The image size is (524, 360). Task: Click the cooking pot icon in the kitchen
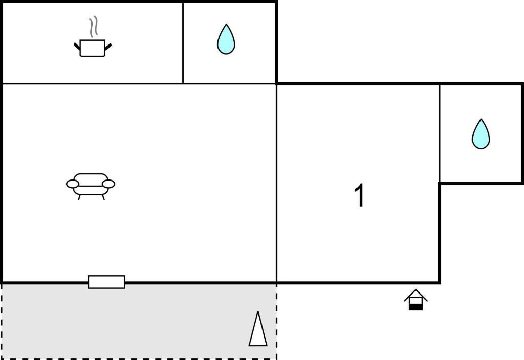(93, 48)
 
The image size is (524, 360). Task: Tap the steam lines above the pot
(94, 27)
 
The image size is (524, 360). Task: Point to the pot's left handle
(77, 46)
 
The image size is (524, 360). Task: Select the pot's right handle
(108, 47)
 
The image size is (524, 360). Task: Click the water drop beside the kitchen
(226, 39)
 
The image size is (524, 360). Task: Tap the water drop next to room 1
(481, 134)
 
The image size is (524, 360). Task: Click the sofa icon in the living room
(91, 186)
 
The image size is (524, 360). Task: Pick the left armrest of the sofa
(73, 184)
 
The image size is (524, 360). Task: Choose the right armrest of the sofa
(108, 184)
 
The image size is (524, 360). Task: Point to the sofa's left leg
(79, 197)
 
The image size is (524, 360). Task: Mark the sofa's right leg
(103, 197)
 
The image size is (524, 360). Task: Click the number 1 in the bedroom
(359, 195)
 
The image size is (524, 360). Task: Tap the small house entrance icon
(416, 300)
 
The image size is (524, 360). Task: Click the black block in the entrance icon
(416, 307)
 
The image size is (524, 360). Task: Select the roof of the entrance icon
(416, 295)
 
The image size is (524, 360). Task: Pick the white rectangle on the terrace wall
(106, 282)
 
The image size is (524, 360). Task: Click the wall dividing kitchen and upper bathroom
(183, 43)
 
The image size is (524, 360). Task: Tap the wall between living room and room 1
(277, 183)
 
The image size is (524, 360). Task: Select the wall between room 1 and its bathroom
(440, 133)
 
